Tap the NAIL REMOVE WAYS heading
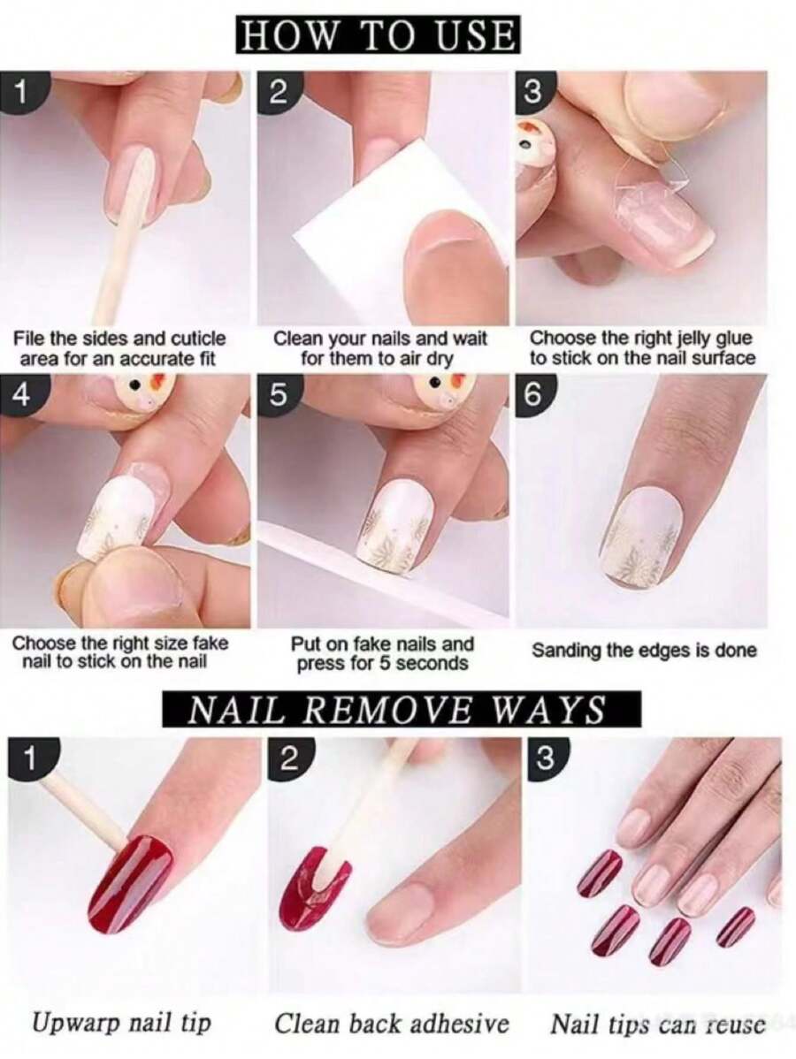tap(398, 710)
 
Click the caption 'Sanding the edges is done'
tap(644, 651)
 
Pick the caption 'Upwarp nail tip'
tap(122, 1023)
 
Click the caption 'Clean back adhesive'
tap(392, 1023)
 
